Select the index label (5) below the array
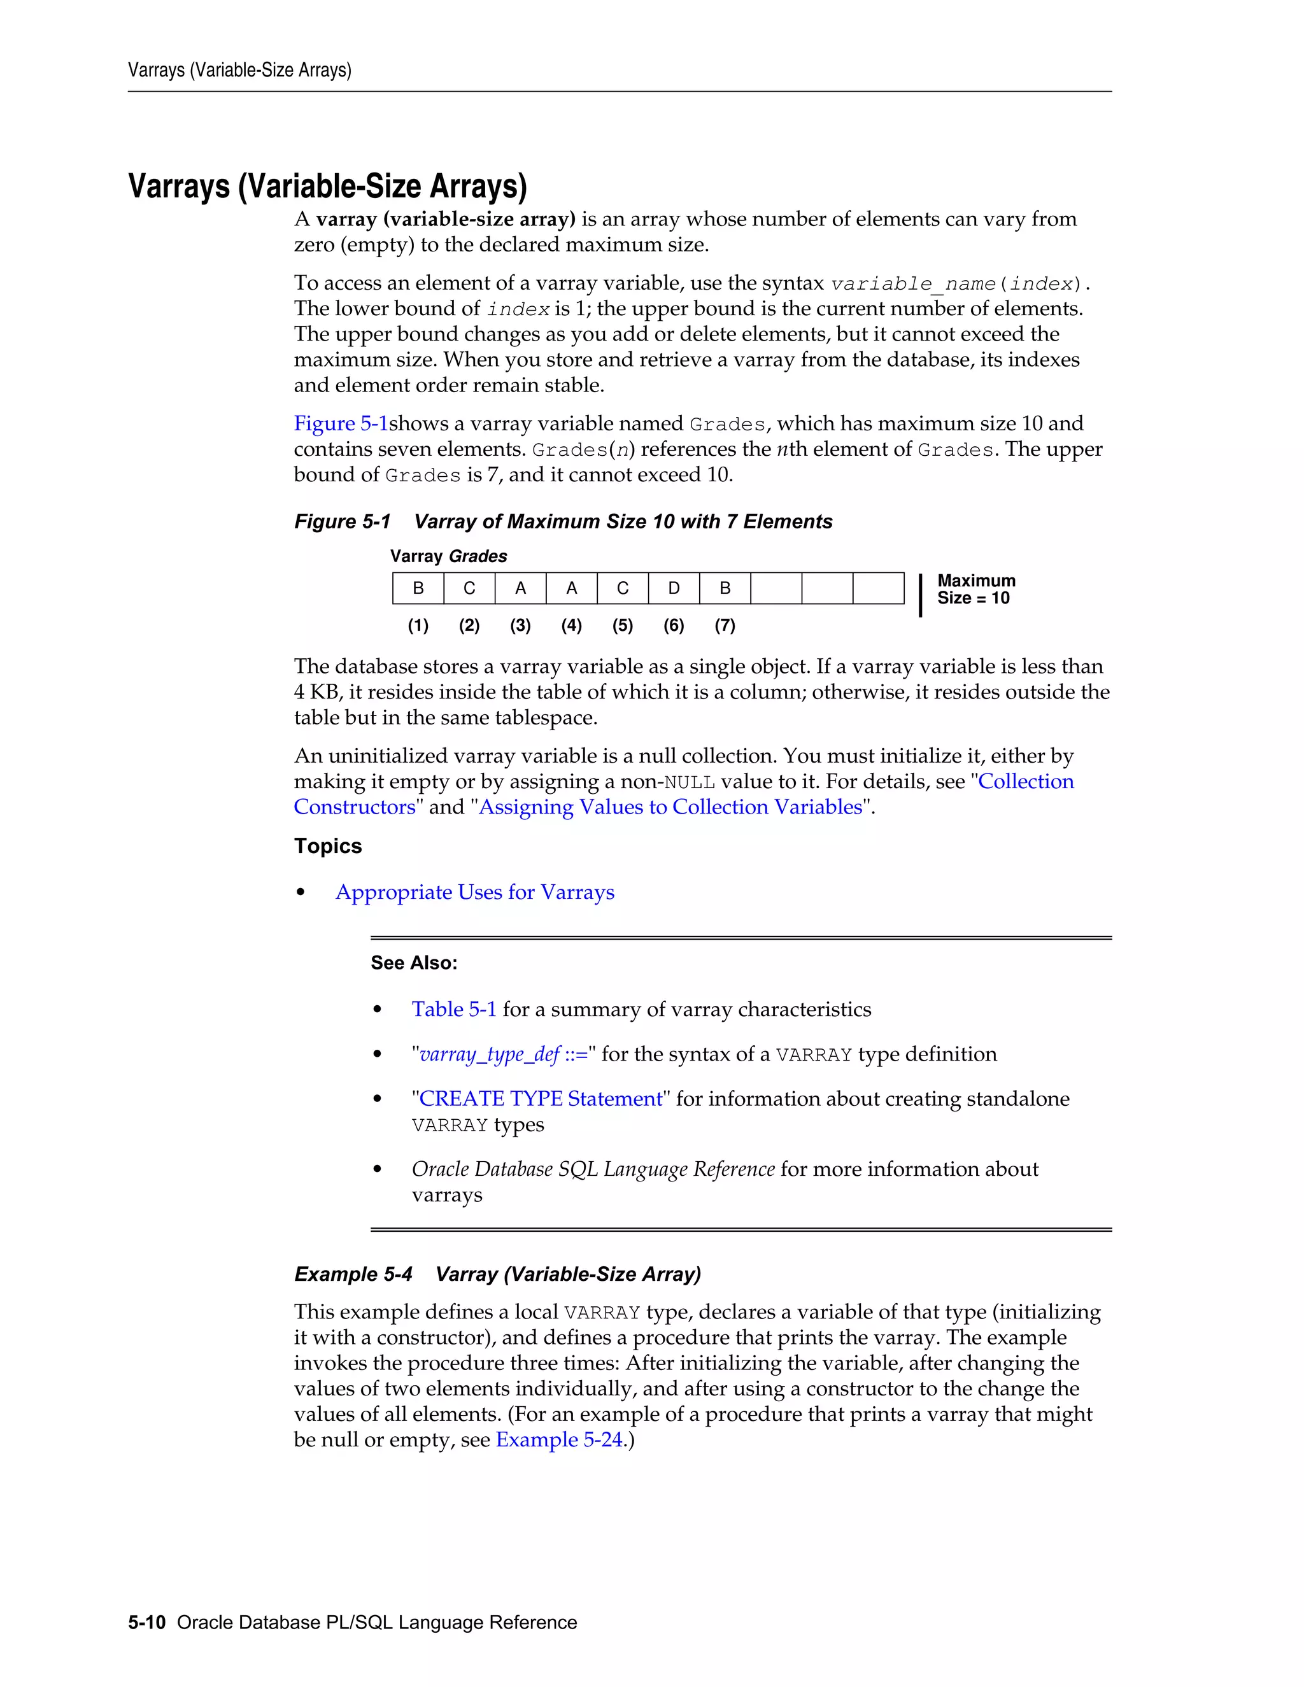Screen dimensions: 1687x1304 tap(623, 626)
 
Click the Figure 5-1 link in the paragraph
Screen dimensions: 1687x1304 tap(341, 423)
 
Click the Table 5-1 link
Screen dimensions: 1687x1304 tap(453, 1010)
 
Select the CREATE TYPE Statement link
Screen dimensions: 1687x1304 tap(540, 1099)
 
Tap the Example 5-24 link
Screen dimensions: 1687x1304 tap(558, 1440)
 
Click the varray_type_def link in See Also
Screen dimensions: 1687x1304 tap(489, 1054)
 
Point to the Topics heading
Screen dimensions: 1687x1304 tap(327, 846)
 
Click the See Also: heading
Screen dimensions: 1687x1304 tap(413, 963)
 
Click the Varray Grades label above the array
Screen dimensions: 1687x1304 tap(448, 556)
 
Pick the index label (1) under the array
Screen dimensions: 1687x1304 tap(418, 626)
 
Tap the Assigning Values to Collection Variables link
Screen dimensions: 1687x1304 tap(670, 807)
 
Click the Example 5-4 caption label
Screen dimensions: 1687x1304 tap(353, 1274)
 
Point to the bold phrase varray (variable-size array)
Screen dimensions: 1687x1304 tap(446, 220)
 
